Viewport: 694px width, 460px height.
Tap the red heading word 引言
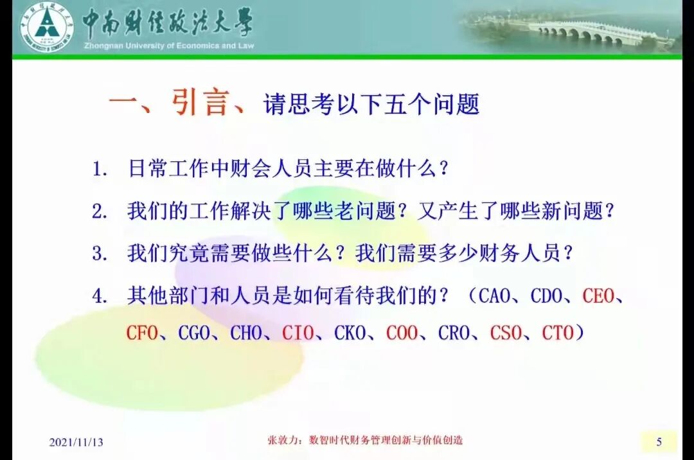200,103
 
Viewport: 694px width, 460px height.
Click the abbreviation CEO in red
600,296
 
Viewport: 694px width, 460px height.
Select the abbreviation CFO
142,333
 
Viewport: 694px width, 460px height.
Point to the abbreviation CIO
298,333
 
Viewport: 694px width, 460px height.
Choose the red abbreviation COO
402,333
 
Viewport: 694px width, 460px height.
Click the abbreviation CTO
558,333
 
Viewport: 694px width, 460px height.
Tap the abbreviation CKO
350,333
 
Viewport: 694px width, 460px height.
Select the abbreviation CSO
506,333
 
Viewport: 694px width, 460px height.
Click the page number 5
659,441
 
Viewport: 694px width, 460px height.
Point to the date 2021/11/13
76,442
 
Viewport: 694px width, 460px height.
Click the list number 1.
99,170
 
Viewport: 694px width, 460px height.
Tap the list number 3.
99,253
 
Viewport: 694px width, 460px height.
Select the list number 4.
99,296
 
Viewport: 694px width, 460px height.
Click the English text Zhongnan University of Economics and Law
168,46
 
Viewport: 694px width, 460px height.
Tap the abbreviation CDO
547,296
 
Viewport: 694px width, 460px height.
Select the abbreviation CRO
454,333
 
